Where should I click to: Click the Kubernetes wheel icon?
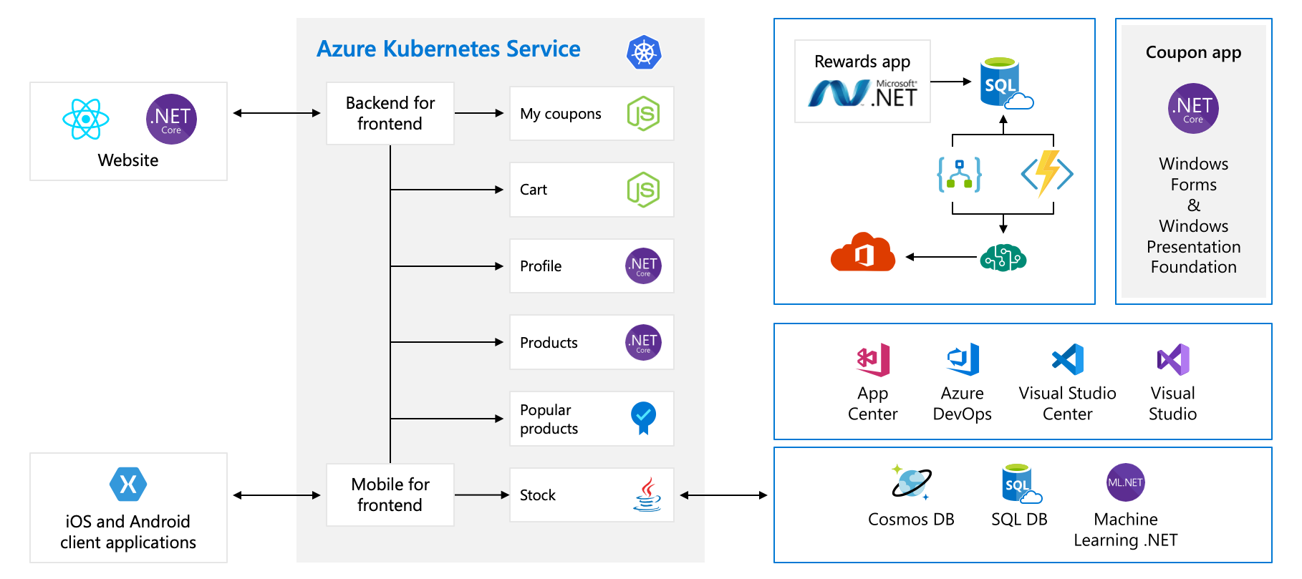click(644, 52)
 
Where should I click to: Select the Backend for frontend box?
click(390, 113)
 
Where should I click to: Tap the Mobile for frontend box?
click(390, 495)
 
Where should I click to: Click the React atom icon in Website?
click(86, 119)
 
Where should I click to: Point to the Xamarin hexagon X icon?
click(128, 485)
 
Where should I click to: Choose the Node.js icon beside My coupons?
click(643, 113)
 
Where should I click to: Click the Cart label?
click(534, 190)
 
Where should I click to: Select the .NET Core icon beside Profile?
click(643, 266)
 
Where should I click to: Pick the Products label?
click(549, 343)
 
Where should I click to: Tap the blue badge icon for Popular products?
click(643, 417)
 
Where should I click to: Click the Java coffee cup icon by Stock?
click(647, 495)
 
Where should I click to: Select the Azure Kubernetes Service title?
click(448, 49)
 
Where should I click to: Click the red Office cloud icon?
click(863, 253)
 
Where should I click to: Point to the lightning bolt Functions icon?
click(1047, 172)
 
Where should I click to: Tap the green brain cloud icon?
click(1003, 258)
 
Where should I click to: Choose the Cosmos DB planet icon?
click(911, 482)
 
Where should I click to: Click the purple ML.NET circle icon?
click(1125, 482)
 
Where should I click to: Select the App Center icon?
click(873, 360)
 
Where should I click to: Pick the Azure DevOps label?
click(962, 404)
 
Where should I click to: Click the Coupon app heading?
click(1193, 52)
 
